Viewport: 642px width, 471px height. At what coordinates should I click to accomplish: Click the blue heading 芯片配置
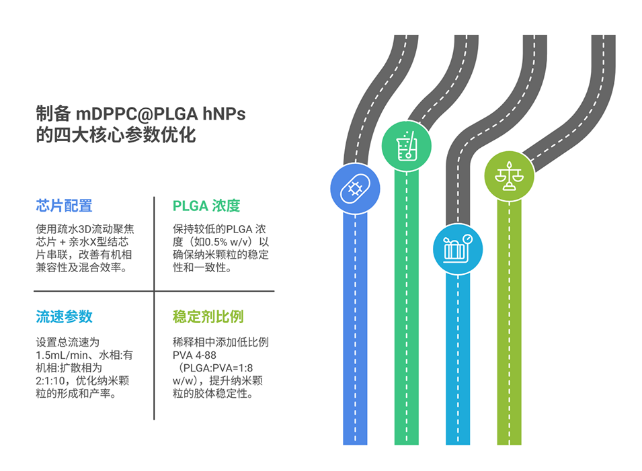pos(64,206)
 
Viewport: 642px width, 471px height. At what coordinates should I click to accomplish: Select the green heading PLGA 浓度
pos(206,206)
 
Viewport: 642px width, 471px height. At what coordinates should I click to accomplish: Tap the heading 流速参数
pos(64,316)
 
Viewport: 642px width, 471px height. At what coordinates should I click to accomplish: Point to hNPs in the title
pos(221,114)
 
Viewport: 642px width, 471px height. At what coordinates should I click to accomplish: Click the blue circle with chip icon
pos(355,189)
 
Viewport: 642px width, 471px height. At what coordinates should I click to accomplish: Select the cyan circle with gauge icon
pos(458,248)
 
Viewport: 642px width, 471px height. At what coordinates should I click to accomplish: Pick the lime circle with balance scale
pos(509,175)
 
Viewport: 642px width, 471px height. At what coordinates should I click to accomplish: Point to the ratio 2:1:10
pos(50,380)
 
